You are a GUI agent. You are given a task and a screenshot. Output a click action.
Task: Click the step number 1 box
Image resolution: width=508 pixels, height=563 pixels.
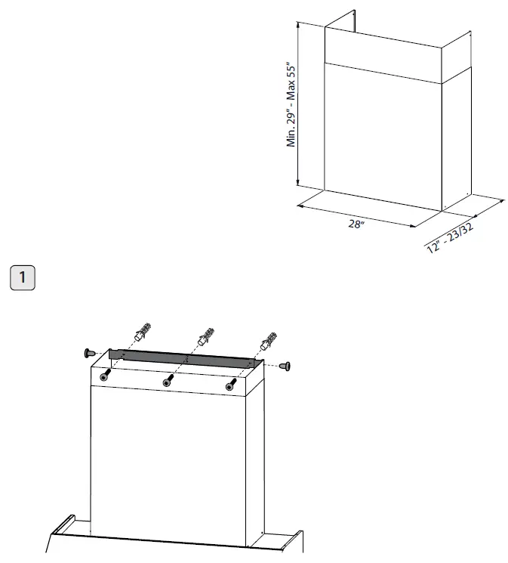(23, 277)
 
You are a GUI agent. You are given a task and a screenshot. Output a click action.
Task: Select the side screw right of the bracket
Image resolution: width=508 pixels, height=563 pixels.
(285, 366)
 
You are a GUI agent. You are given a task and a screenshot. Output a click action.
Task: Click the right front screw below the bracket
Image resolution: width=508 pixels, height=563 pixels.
(230, 385)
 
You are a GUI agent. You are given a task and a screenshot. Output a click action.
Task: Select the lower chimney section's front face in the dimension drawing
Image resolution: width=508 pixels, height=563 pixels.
(381, 136)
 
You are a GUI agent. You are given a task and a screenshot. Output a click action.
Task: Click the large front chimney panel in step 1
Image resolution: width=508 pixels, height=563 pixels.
(174, 461)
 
